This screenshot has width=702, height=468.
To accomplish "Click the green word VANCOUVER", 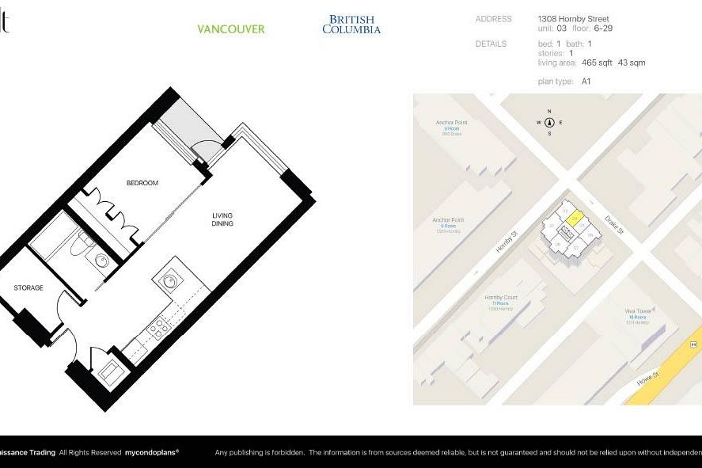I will pyautogui.click(x=230, y=29).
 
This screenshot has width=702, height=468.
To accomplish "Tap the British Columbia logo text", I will pyautogui.click(x=351, y=25).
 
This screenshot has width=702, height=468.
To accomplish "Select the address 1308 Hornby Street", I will pyautogui.click(x=573, y=19).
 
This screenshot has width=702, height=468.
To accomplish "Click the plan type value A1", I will pyautogui.click(x=586, y=82).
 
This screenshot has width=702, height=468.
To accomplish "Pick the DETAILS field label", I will pyautogui.click(x=491, y=44).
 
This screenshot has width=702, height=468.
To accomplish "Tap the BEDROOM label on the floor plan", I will pyautogui.click(x=142, y=183).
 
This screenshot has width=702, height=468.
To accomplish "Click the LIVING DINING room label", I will pyautogui.click(x=222, y=219).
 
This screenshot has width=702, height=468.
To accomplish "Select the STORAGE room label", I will pyautogui.click(x=28, y=287).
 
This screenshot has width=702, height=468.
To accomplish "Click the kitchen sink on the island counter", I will pyautogui.click(x=169, y=280).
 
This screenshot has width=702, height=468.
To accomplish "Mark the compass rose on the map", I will pyautogui.click(x=549, y=123).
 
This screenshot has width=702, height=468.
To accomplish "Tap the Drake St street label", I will pyautogui.click(x=613, y=226).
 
